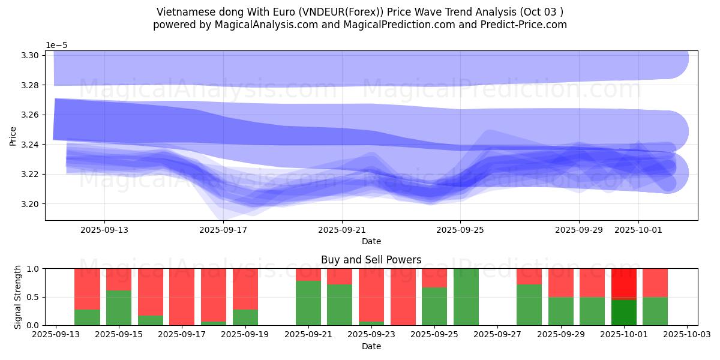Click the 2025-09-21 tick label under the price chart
(341, 230)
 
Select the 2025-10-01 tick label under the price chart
(638, 230)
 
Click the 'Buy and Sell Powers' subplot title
(371, 260)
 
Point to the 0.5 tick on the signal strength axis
(34, 297)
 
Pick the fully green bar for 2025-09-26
(466, 297)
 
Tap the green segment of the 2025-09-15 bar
(119, 308)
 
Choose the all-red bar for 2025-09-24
(403, 297)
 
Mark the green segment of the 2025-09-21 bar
(308, 303)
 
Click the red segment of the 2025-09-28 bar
(529, 276)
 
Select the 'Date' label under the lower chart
(371, 346)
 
